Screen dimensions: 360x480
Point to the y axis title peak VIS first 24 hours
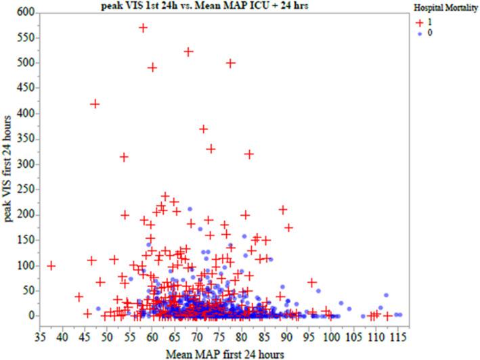coord(8,164)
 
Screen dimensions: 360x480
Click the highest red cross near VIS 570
coord(143,28)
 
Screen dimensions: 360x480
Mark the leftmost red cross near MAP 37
coord(51,266)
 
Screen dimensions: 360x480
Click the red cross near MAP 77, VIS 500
coord(231,63)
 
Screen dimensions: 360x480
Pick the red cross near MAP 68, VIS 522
coord(189,51)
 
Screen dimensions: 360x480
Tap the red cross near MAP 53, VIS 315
coord(124,156)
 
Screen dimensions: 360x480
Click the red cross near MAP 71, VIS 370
coord(203,129)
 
